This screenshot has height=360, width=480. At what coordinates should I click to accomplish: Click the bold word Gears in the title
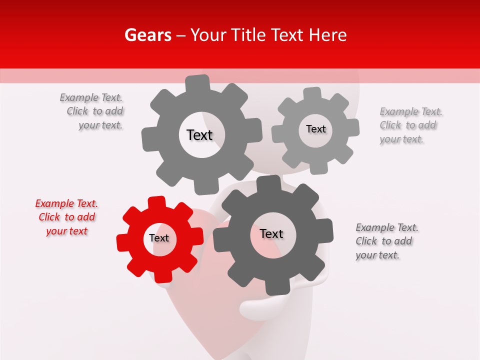point(148,35)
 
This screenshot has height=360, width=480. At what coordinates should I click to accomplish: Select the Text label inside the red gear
point(159,238)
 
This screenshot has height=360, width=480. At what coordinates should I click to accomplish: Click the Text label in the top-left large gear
point(199,135)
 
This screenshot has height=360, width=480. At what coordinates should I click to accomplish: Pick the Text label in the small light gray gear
point(315,129)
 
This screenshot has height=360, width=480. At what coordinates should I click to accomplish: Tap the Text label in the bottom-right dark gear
point(271,234)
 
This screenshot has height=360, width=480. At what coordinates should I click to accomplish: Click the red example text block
point(66,217)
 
